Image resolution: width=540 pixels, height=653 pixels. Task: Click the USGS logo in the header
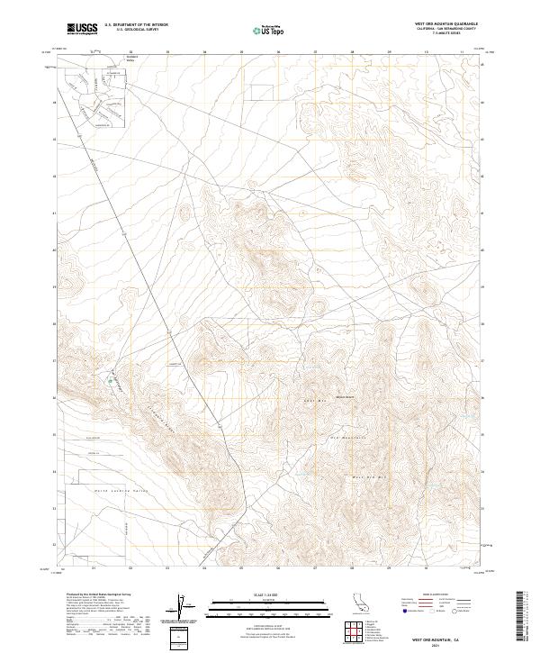[82, 29]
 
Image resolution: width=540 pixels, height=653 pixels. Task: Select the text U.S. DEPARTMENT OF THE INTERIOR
[136, 25]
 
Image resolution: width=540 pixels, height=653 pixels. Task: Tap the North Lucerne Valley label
[112, 491]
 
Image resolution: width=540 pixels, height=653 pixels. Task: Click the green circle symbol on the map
[112, 381]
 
